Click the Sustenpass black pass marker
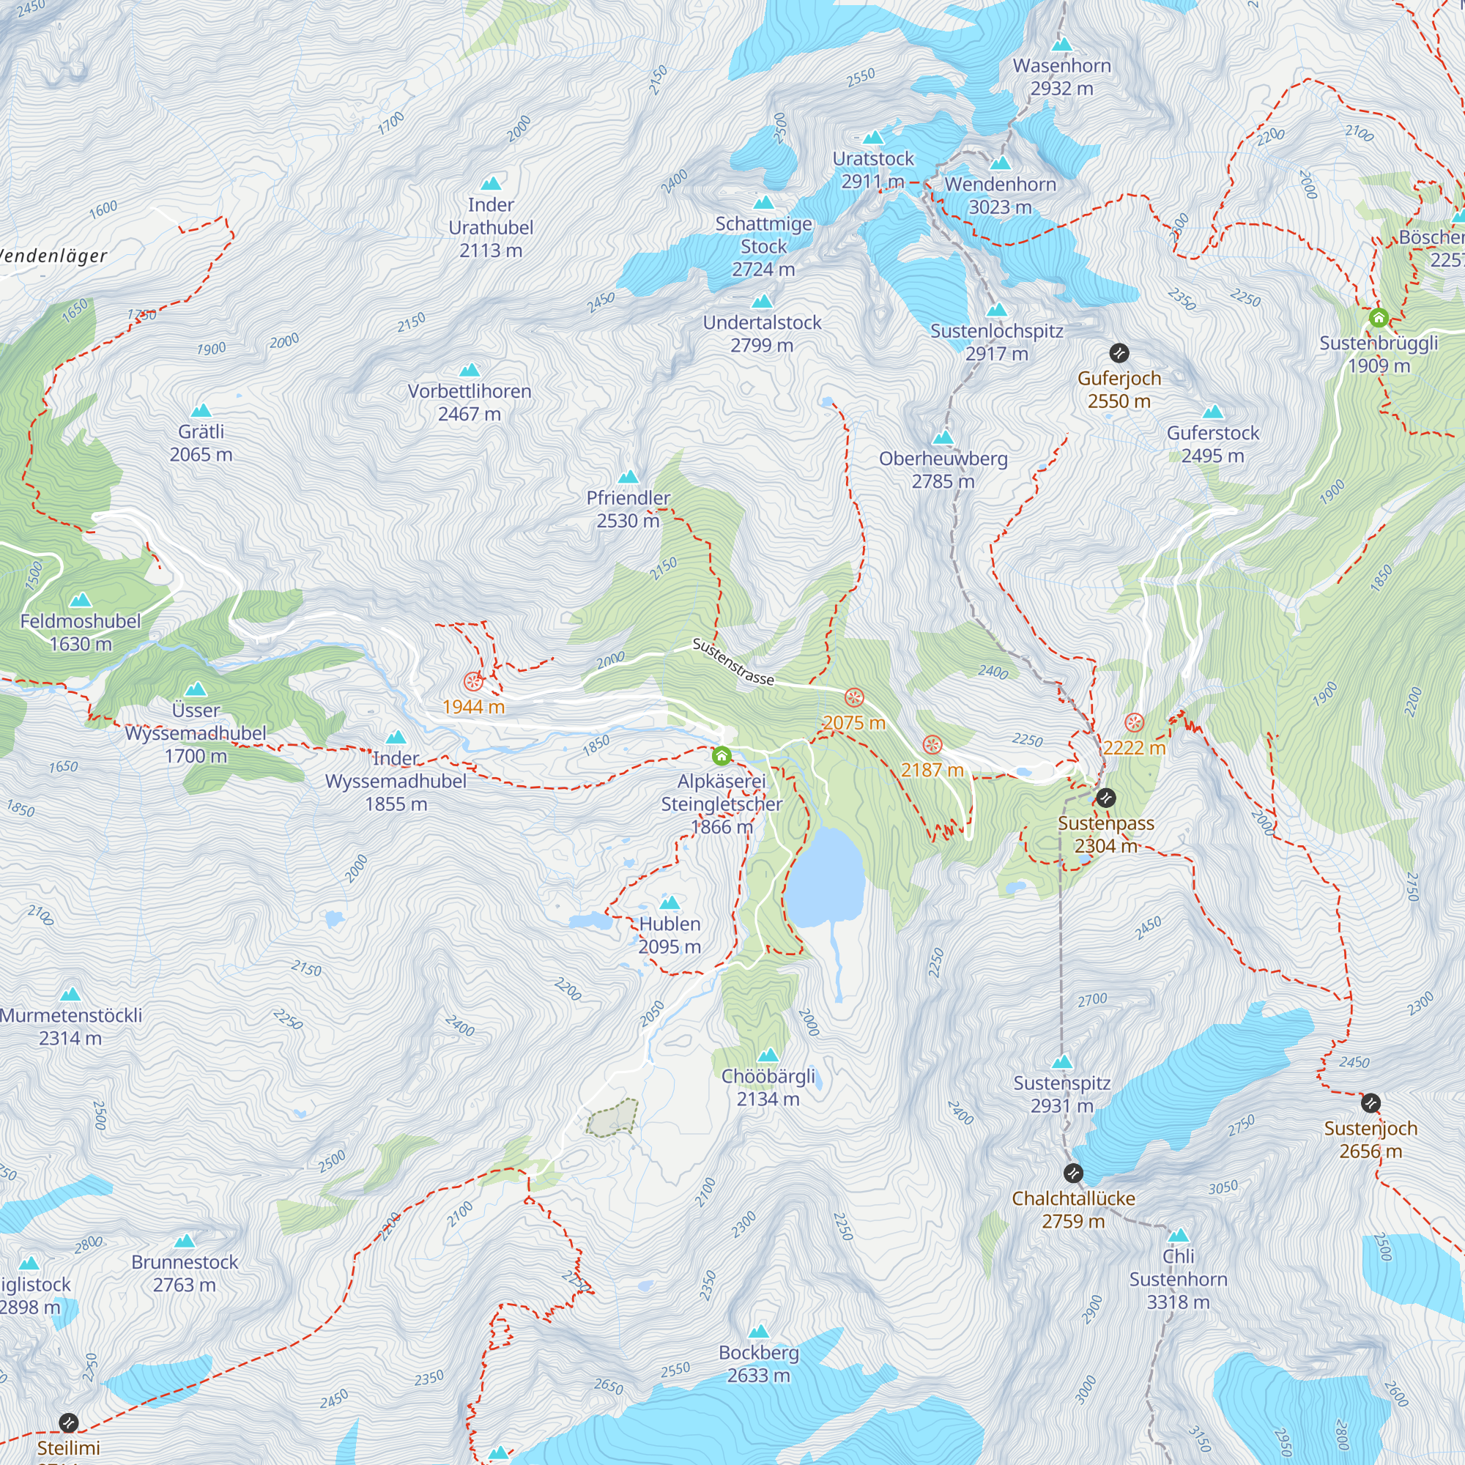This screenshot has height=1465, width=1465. [1106, 797]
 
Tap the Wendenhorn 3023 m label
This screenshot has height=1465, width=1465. [1000, 196]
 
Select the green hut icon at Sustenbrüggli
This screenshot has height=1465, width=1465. [1379, 318]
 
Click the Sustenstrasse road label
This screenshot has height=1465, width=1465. [733, 662]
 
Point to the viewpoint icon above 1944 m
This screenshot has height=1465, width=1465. [473, 681]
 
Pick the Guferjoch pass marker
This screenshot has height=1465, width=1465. [1119, 352]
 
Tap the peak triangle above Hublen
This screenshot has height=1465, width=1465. [670, 902]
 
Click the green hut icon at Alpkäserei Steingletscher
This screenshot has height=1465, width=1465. [721, 755]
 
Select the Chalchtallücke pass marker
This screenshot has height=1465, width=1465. [1073, 1173]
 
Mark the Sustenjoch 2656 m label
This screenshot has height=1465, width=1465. [1371, 1140]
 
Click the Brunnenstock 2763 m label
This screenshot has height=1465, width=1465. [185, 1273]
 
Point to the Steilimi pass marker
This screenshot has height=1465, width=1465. [68, 1422]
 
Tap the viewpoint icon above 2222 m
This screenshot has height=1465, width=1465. [1135, 722]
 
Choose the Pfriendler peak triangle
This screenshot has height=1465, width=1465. [628, 477]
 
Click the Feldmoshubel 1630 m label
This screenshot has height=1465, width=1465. [81, 632]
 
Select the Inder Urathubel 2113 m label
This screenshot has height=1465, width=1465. [491, 228]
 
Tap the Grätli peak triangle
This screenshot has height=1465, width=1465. [201, 411]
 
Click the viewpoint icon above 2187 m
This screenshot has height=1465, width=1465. [932, 745]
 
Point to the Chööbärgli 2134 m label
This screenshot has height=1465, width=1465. [768, 1087]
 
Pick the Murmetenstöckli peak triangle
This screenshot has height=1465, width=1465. [70, 994]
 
